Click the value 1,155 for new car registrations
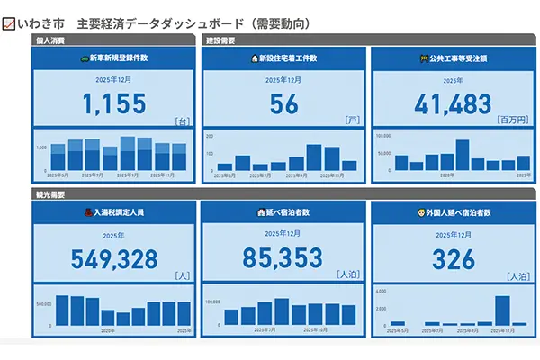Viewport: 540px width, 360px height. (113, 104)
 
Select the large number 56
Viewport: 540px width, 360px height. (283, 104)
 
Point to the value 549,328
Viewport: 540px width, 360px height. (113, 259)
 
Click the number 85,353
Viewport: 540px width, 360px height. (283, 259)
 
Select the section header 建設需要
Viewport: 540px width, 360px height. (220, 40)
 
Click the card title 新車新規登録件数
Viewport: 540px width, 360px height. (118, 58)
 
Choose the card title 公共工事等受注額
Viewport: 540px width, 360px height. (458, 58)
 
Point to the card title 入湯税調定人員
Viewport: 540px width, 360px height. (118, 212)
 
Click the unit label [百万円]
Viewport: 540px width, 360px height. (514, 120)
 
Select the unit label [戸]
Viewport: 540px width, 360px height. (351, 120)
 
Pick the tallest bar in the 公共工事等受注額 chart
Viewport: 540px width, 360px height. (463, 155)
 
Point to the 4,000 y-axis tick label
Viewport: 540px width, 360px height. (381, 291)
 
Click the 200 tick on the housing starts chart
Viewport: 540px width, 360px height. (210, 136)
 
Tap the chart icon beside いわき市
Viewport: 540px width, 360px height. (9, 22)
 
